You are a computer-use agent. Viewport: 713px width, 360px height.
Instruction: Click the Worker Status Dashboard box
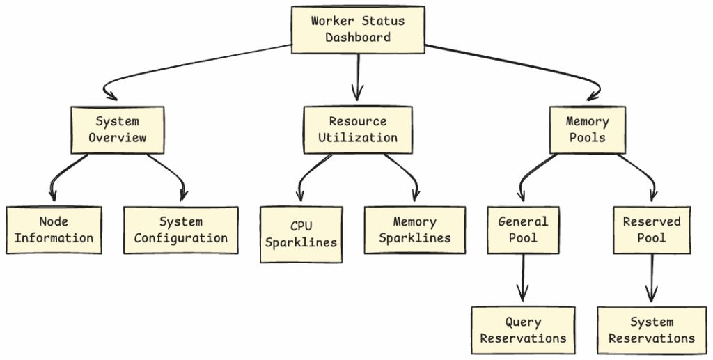pos(357,29)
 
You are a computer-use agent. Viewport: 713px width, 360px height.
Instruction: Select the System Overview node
pos(117,130)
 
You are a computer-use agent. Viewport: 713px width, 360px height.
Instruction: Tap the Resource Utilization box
pos(358,130)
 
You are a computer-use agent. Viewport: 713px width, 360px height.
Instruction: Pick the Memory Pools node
pos(587,130)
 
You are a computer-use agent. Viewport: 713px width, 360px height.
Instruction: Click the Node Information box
pos(54,230)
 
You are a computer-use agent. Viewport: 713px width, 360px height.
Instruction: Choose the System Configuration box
pos(180,230)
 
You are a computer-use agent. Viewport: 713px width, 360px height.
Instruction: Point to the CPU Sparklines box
pos(301,235)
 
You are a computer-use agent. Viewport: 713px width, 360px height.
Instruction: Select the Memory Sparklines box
pos(414,230)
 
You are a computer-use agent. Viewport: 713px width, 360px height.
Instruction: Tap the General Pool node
pos(523,230)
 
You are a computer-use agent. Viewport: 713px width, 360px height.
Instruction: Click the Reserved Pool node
pos(652,230)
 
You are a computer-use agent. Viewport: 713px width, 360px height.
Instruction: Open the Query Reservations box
pos(523,330)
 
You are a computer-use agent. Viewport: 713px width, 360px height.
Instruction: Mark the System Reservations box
pos(652,330)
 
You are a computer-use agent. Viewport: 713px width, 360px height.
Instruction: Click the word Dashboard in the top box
pos(358,38)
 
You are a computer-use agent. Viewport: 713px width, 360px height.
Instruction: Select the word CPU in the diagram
pos(301,226)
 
